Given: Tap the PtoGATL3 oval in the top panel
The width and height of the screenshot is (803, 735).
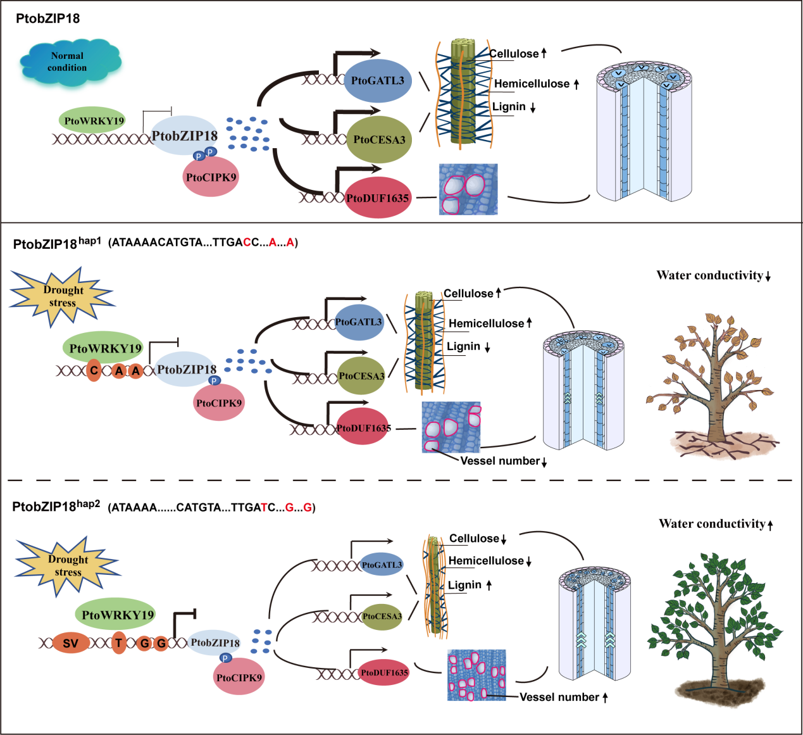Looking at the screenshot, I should coord(378,81).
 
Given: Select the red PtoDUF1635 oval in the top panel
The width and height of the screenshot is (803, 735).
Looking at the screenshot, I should coord(378,198).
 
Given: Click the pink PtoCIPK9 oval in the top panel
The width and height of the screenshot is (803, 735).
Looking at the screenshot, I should coord(211,177).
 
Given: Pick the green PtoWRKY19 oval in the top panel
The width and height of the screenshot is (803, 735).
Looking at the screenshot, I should coord(94,120).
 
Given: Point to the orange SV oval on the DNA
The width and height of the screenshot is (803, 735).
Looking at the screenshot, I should coord(70,644).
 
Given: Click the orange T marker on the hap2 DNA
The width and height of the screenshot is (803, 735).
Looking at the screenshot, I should coord(118,643).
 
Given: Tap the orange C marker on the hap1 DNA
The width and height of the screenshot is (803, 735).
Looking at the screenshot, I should coord(94,370).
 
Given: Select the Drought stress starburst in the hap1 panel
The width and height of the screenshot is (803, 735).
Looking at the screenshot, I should coord(62,296).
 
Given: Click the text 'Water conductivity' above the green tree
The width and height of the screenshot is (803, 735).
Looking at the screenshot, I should coord(712,524).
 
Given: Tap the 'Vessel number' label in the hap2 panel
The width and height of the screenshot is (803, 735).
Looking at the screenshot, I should coord(559,697).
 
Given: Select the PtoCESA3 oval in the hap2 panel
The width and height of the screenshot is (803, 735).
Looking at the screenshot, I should coord(382,616).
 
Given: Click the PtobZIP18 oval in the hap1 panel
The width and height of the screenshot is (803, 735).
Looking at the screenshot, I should coord(186,369).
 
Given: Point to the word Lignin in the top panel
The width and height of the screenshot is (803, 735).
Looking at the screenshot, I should coord(509,106).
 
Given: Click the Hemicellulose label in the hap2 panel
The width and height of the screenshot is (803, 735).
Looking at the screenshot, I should coord(485,561).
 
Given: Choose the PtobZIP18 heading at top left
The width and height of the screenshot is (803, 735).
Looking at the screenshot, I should coord(48,18).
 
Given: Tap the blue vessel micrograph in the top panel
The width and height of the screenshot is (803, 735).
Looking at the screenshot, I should coord(468,189).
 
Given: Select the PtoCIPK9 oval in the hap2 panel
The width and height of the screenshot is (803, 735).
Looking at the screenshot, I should coord(239,677).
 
